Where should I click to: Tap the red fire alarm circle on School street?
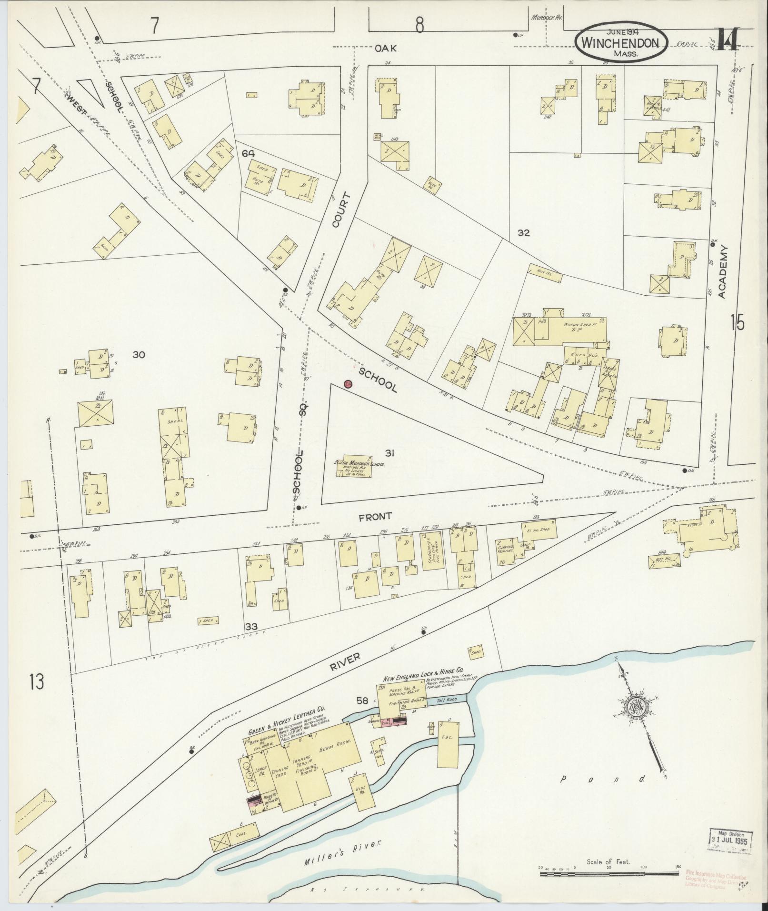[x=348, y=384]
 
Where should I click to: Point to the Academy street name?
[x=724, y=272]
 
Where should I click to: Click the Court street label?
[x=342, y=210]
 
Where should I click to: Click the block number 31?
[x=389, y=453]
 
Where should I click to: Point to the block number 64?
[x=248, y=153]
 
